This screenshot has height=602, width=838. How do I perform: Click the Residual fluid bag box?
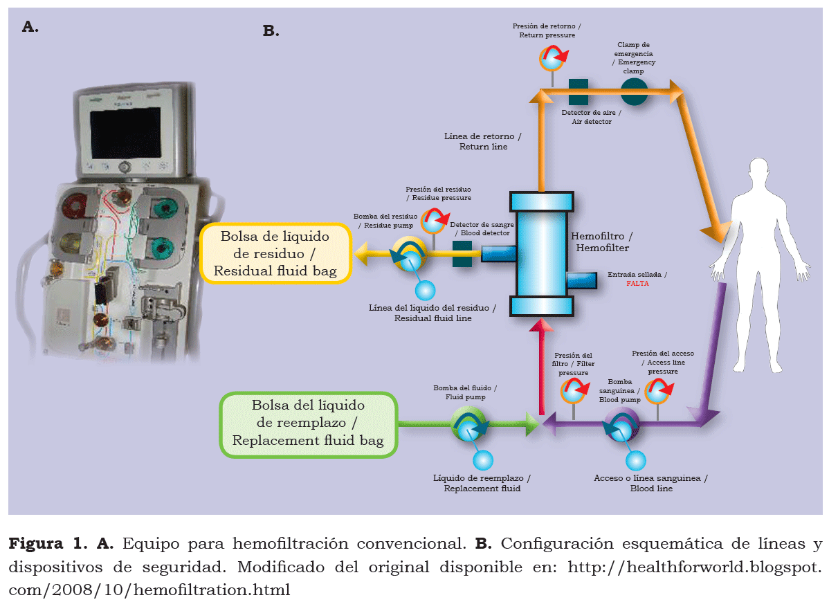[x=275, y=253]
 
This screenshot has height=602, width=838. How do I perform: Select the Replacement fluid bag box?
[x=308, y=424]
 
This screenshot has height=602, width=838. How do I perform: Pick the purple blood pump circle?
[x=621, y=424]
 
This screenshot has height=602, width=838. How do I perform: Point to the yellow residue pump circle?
[x=410, y=255]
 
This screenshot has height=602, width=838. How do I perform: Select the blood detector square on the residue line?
[x=462, y=255]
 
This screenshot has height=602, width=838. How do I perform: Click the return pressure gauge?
[x=552, y=58]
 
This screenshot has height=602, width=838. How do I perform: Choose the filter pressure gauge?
[x=574, y=391]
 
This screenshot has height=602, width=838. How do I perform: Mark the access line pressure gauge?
[x=657, y=392]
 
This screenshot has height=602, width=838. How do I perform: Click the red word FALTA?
[x=637, y=284]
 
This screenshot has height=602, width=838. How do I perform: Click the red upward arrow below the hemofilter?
[x=540, y=367]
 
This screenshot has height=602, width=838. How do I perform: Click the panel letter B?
[x=271, y=30]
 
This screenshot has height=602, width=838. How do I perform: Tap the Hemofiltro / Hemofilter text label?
[x=601, y=241]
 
